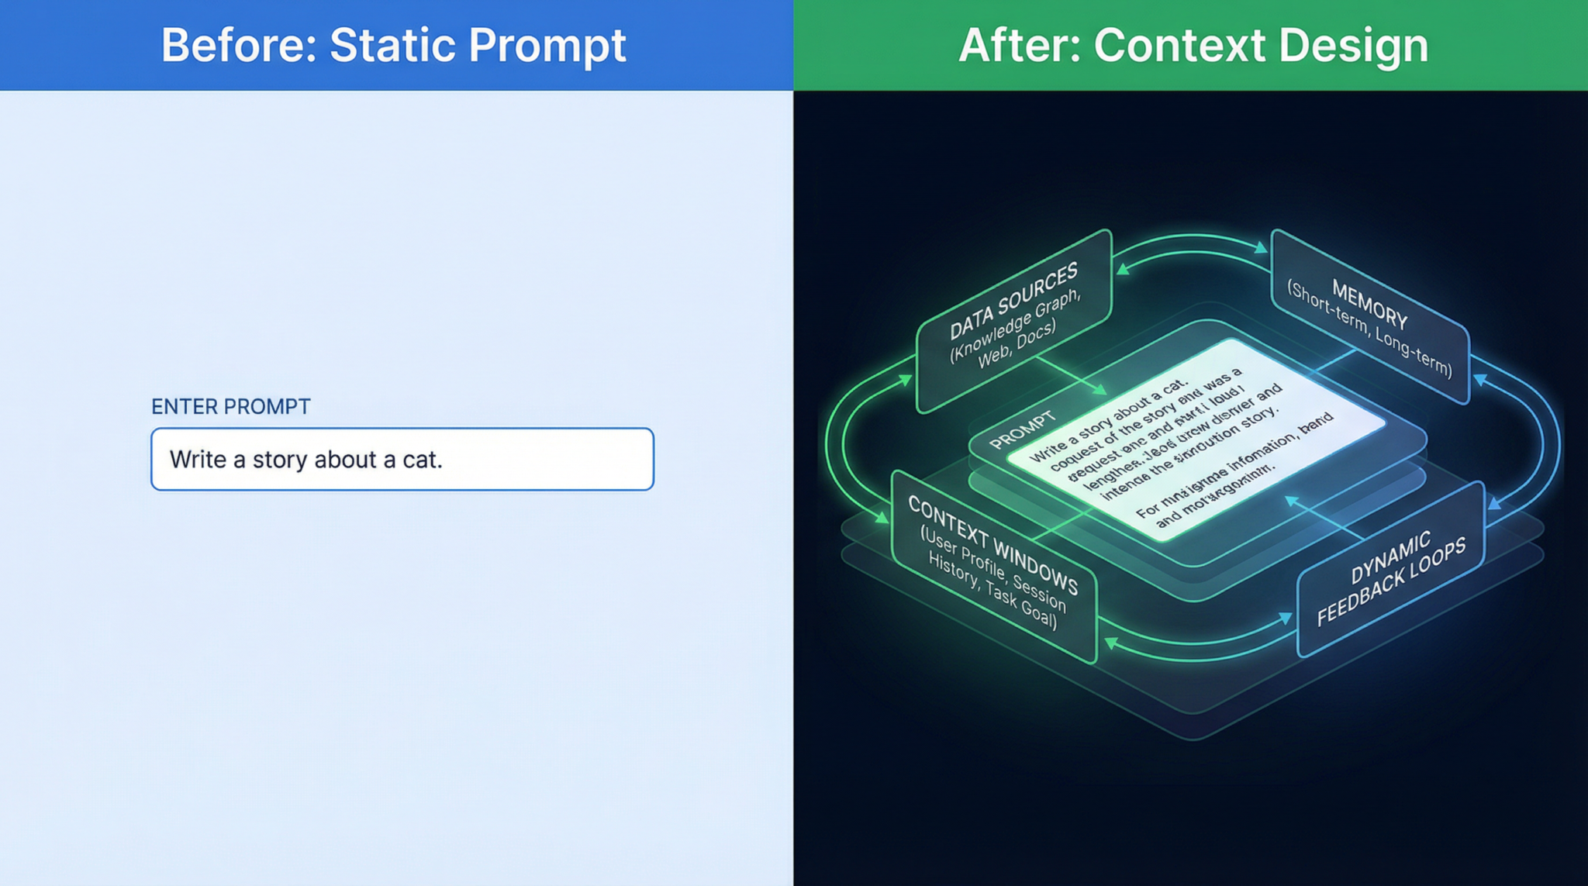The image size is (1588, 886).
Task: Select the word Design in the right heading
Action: pos(1352,45)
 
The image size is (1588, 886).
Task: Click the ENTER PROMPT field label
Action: pos(230,406)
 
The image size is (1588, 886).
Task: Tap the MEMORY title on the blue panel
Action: pos(1369,303)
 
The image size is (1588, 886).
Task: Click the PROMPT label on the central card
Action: pos(1022,430)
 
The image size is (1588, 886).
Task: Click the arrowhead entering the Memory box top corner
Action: pos(1262,248)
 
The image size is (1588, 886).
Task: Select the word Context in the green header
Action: pos(1179,45)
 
